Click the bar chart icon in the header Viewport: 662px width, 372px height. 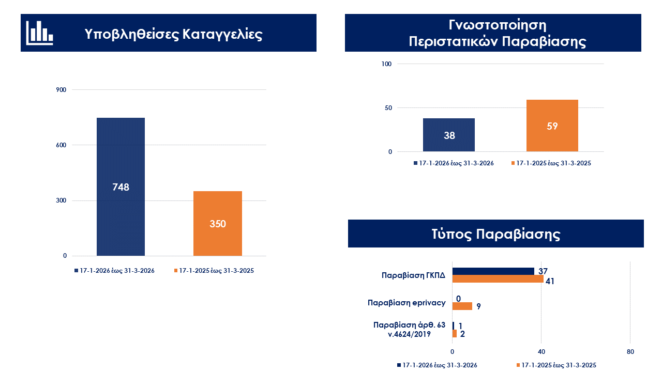39,33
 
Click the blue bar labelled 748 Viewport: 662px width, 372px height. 121,187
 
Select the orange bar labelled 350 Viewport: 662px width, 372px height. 217,223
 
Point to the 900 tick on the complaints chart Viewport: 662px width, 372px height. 62,90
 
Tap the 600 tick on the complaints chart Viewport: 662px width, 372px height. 62,145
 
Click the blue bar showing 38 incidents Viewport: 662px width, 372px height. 449,135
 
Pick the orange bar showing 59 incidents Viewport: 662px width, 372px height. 552,126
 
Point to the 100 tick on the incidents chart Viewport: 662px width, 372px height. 387,64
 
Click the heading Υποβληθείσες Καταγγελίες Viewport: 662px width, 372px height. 174,34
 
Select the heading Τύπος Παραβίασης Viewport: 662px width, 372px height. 496,234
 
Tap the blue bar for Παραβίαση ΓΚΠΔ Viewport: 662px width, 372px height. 493,271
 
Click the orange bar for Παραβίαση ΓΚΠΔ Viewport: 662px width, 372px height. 498,279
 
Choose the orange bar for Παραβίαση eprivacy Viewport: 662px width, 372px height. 462,306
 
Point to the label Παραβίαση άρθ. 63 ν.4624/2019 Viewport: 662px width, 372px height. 409,329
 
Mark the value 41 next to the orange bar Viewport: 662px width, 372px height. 550,282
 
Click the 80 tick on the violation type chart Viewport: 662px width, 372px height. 630,352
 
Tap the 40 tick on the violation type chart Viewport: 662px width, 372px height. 541,352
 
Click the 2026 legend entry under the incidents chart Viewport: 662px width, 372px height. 454,163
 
